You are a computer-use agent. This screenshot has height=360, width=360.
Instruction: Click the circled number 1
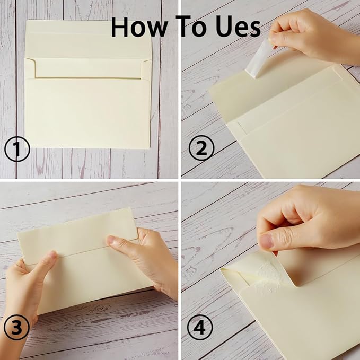pyautogui.click(x=16, y=151)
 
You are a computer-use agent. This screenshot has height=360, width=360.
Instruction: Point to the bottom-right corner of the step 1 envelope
pyautogui.click(x=149, y=147)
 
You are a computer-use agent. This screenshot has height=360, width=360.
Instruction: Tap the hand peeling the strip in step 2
pyautogui.click(x=313, y=34)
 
